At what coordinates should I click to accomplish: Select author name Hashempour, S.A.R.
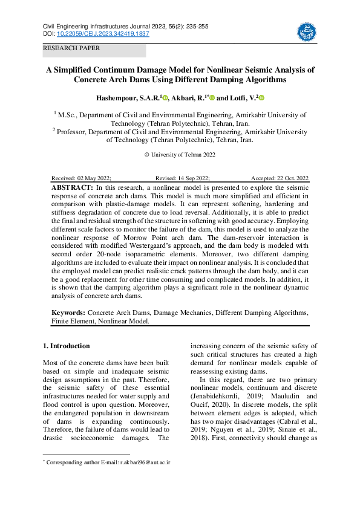click(x=127, y=98)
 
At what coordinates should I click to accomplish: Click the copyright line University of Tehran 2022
click(x=180, y=155)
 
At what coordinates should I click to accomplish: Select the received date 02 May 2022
click(x=94, y=178)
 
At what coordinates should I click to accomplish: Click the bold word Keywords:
click(x=68, y=313)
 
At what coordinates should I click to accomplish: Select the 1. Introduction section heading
click(x=67, y=346)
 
